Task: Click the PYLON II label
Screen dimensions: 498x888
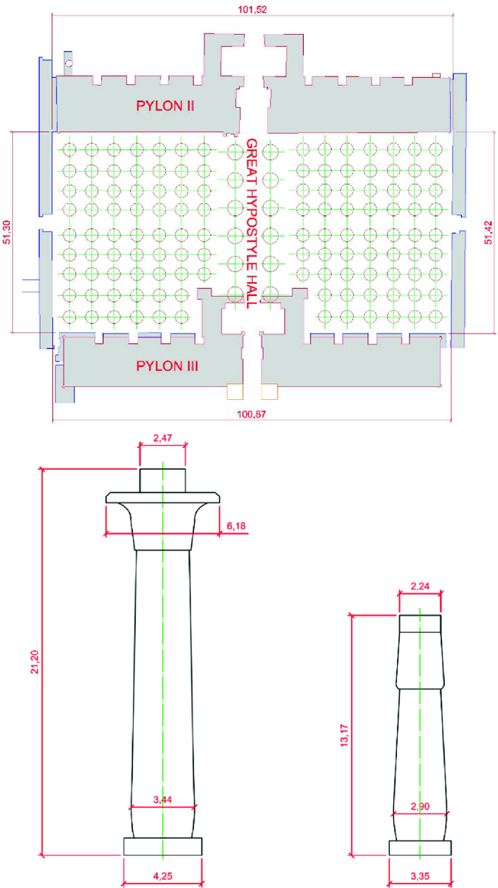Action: click(x=165, y=106)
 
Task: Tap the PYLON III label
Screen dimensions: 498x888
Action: click(x=167, y=366)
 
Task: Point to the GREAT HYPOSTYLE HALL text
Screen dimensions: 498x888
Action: click(x=252, y=223)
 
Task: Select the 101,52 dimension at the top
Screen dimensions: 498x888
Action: click(x=252, y=9)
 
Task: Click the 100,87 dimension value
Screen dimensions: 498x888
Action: click(x=252, y=415)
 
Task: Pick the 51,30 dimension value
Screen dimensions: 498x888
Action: click(x=7, y=232)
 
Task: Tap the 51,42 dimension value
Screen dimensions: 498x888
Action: click(x=489, y=233)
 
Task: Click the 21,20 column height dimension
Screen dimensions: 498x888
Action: click(x=35, y=662)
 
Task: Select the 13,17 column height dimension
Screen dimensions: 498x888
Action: click(x=345, y=736)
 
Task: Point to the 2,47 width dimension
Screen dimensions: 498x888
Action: click(x=162, y=438)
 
